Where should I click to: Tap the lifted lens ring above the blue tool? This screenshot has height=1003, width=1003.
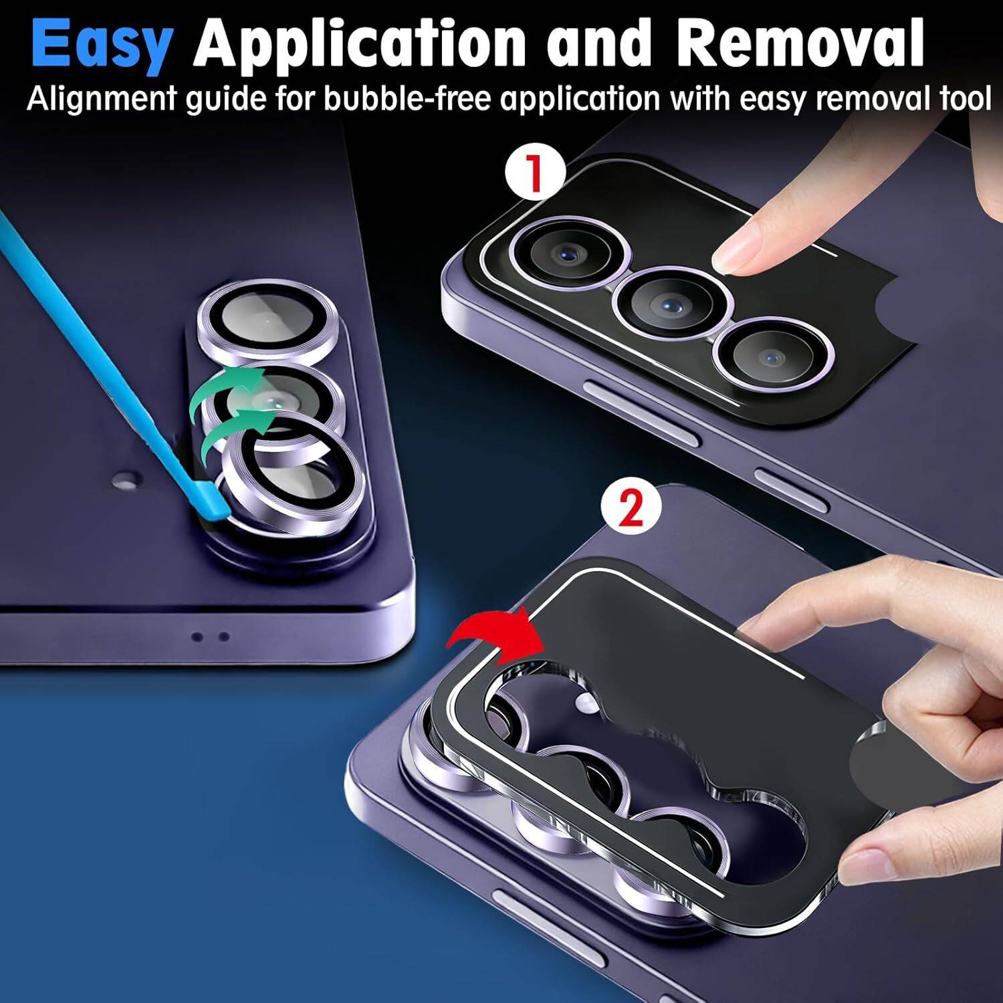[x=295, y=471]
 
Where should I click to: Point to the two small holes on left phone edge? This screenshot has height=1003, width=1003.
[x=211, y=637]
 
